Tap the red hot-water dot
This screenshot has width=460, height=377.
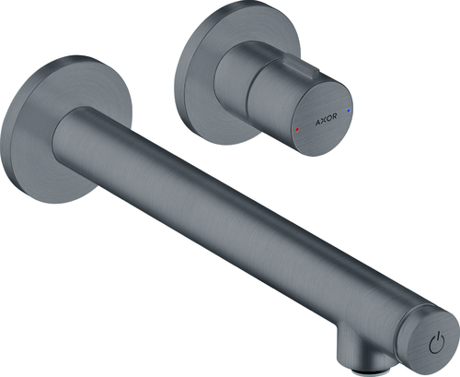[297, 129]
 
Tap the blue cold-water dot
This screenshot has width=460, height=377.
[349, 110]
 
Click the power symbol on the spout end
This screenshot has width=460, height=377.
[437, 342]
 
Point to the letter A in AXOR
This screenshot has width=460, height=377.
[318, 123]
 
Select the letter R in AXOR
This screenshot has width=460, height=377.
[334, 116]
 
